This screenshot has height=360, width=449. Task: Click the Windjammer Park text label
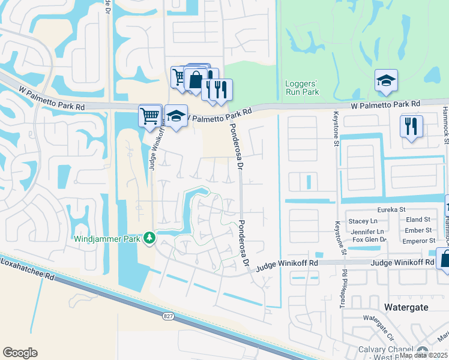click(107, 239)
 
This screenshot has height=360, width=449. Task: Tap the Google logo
click(20, 353)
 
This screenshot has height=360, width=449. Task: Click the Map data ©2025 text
click(423, 355)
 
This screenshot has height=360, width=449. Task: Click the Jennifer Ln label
click(368, 231)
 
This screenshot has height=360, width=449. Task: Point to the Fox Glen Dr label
click(369, 240)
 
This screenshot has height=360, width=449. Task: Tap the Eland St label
click(418, 220)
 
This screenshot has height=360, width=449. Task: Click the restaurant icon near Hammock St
click(412, 126)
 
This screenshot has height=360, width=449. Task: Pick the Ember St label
click(420, 230)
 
